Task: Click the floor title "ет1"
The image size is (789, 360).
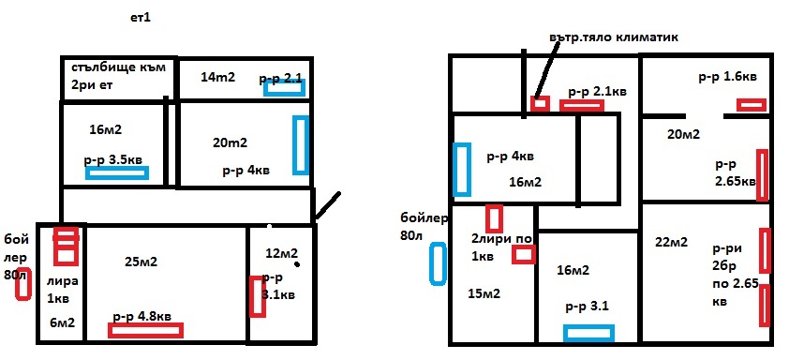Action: pyautogui.click(x=141, y=19)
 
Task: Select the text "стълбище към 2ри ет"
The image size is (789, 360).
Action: pyautogui.click(x=118, y=76)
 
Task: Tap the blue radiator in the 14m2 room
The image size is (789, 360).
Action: pyautogui.click(x=284, y=88)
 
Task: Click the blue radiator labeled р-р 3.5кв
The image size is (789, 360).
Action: pyautogui.click(x=117, y=172)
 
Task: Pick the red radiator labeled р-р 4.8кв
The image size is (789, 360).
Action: pyautogui.click(x=145, y=330)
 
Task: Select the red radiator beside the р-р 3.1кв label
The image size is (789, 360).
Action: pyautogui.click(x=257, y=296)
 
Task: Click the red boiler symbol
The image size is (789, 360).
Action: pyautogui.click(x=22, y=284)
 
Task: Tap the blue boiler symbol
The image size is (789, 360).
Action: pyautogui.click(x=438, y=263)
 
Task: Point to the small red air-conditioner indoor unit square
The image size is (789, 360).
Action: pyautogui.click(x=540, y=104)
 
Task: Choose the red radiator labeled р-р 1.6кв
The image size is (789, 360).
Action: pyautogui.click(x=752, y=105)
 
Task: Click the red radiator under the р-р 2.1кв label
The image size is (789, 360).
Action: pyautogui.click(x=582, y=105)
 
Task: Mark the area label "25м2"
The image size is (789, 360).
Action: pyautogui.click(x=141, y=262)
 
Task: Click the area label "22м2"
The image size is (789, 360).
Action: pyautogui.click(x=671, y=242)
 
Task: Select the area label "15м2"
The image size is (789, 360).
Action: pyautogui.click(x=484, y=293)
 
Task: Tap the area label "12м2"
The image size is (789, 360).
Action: pyautogui.click(x=282, y=253)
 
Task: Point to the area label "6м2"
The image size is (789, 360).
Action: pyautogui.click(x=63, y=322)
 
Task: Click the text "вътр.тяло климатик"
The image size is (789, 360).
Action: pyautogui.click(x=614, y=37)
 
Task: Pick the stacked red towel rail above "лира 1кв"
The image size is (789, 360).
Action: pyautogui.click(x=67, y=247)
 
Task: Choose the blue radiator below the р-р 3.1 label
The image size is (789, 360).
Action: pyautogui.click(x=588, y=333)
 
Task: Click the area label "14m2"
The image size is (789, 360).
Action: pyautogui.click(x=217, y=77)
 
